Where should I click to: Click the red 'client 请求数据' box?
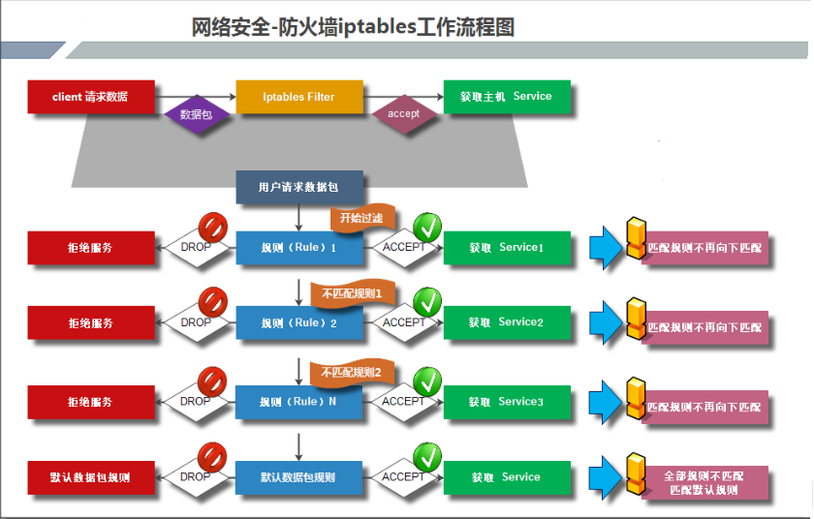pyautogui.click(x=90, y=97)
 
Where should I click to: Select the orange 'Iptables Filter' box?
pyautogui.click(x=299, y=97)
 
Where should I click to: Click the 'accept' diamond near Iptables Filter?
pyautogui.click(x=403, y=114)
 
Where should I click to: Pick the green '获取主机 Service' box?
pyautogui.click(x=507, y=97)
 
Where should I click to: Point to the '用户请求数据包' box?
pyautogui.click(x=299, y=187)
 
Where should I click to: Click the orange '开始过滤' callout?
pyautogui.click(x=360, y=219)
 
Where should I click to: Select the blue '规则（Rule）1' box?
pyautogui.click(x=299, y=248)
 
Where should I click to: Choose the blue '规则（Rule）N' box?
pyautogui.click(x=299, y=402)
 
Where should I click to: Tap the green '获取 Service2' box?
pyautogui.click(x=507, y=322)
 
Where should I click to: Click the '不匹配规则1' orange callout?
pyautogui.click(x=351, y=292)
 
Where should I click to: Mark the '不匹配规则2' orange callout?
pyautogui.click(x=351, y=372)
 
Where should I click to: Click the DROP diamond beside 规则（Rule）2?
pyautogui.click(x=196, y=322)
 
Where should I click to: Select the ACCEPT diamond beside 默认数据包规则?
pyautogui.click(x=403, y=476)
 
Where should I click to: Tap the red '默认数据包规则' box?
pyautogui.click(x=90, y=477)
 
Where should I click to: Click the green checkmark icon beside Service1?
pyautogui.click(x=427, y=229)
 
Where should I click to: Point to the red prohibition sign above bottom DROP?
pyautogui.click(x=212, y=456)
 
